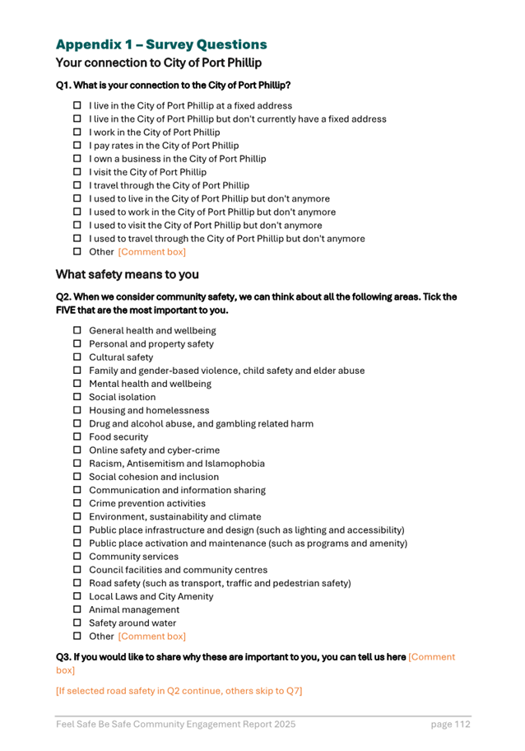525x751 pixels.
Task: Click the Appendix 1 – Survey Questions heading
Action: pos(161,44)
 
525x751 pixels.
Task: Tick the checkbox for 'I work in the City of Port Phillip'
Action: pos(77,132)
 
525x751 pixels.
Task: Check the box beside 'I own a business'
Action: pos(77,159)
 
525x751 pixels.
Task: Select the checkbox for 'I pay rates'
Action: pos(77,146)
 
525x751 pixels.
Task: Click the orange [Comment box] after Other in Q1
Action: pos(152,252)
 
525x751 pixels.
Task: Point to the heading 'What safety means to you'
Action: pos(127,274)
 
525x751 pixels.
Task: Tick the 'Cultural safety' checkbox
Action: pos(77,357)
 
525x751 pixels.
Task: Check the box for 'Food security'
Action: pos(77,437)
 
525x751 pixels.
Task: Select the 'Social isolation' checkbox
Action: pos(77,397)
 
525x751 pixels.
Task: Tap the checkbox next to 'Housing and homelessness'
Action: pos(77,410)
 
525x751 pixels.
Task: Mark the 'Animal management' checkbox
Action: pos(77,610)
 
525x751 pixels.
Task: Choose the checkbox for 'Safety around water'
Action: pos(77,623)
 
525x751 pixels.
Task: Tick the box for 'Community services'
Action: pos(77,557)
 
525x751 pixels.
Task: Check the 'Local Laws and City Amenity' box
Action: pos(77,596)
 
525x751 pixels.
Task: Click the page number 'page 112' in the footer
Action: pos(450,725)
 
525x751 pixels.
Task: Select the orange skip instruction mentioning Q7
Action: pos(179,690)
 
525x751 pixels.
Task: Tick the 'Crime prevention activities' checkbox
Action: pos(77,503)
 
